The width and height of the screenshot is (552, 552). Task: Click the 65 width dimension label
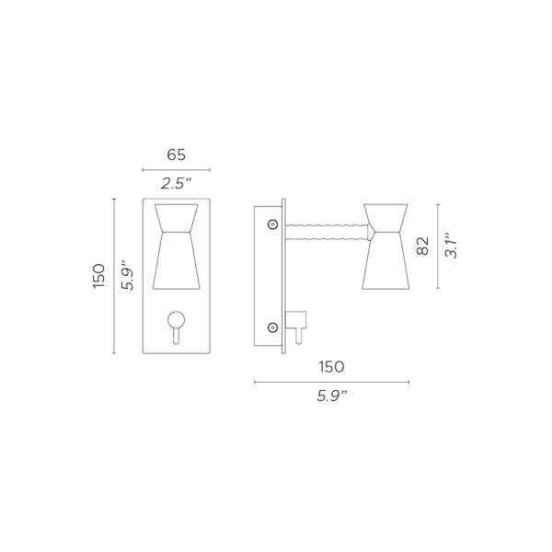tap(177, 155)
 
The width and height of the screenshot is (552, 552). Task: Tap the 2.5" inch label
tap(177, 184)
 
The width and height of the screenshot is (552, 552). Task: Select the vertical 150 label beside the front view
tap(98, 274)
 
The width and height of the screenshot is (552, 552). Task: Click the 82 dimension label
tap(422, 246)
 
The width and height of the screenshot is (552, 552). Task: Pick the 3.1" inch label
tap(452, 246)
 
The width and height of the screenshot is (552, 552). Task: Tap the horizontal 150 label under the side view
tap(331, 366)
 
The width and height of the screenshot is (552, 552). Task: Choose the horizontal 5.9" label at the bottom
tap(331, 397)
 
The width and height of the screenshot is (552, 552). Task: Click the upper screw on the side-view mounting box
tap(271, 224)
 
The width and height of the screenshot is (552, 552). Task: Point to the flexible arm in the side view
tap(327, 228)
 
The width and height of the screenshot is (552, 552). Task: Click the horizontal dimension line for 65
tap(177, 170)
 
